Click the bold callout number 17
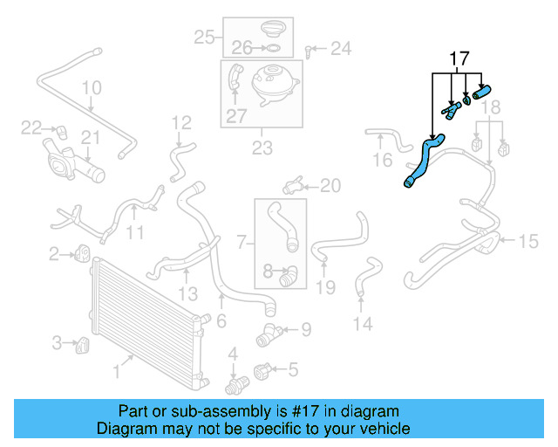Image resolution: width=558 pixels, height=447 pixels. pos(459,59)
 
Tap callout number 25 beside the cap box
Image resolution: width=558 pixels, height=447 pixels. pos(204,37)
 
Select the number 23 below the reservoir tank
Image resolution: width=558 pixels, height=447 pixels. pos(262,148)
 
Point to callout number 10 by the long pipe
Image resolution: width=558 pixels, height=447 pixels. pos(92,87)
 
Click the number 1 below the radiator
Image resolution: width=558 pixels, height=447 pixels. pos(116,372)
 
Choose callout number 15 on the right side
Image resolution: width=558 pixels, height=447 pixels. pos(529,241)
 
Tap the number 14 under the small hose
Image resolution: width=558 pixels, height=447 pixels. pos(362,324)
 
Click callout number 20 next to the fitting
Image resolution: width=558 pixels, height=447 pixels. pos(330,184)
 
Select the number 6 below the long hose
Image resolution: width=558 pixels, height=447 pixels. pos(221,321)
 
